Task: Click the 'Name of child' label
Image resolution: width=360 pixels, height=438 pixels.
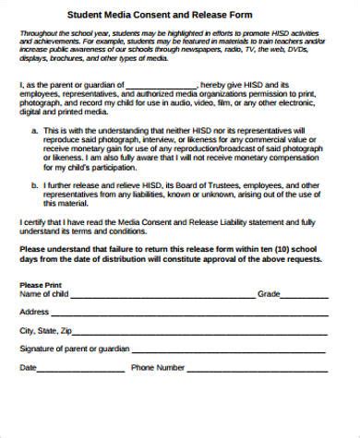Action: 42,294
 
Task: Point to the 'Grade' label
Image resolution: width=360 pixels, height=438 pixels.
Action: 268,294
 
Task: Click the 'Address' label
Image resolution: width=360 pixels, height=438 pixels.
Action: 34,313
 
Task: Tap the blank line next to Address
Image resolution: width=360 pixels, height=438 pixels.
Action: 184,315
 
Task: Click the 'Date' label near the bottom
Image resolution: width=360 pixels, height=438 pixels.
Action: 29,368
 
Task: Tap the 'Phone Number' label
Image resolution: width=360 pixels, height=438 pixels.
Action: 158,368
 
